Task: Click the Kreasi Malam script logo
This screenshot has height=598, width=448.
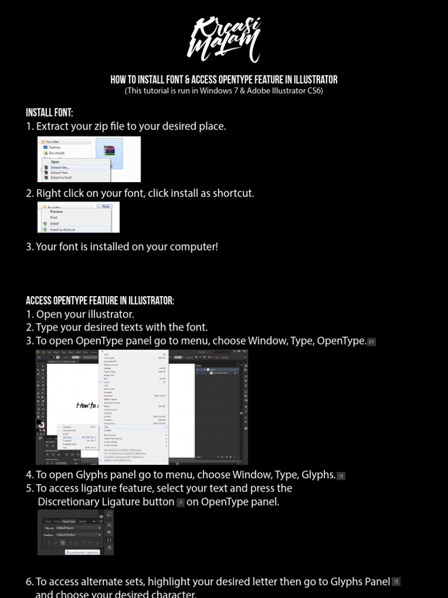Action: point(225,40)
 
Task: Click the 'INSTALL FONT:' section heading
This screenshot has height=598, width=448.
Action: point(50,113)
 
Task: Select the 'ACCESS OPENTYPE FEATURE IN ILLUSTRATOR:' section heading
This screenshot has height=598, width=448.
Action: point(100,301)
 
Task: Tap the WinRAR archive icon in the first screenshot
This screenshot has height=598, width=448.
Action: point(108,151)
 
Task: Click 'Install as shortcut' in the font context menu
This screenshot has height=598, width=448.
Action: point(62,230)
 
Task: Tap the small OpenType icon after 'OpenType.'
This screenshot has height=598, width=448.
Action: point(372,342)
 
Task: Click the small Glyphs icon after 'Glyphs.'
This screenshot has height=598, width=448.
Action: point(341,476)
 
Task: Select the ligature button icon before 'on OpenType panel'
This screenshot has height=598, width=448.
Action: point(180,503)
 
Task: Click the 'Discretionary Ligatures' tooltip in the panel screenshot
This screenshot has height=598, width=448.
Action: point(82,552)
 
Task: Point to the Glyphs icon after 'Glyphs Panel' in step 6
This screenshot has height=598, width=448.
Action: point(396,582)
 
